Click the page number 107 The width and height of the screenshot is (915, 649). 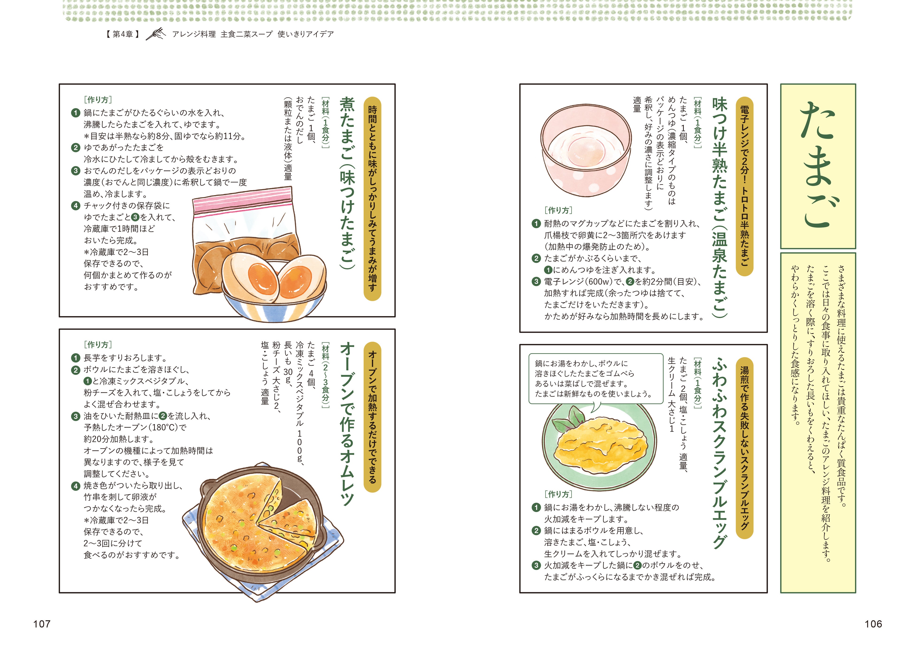click(42, 624)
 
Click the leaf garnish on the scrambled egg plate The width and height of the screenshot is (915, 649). click(569, 421)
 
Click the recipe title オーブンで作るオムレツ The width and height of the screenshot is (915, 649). click(347, 424)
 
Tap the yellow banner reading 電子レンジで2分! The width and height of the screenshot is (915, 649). click(744, 186)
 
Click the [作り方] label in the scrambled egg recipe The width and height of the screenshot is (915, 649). click(558, 494)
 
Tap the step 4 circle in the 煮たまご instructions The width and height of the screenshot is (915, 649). click(76, 206)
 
